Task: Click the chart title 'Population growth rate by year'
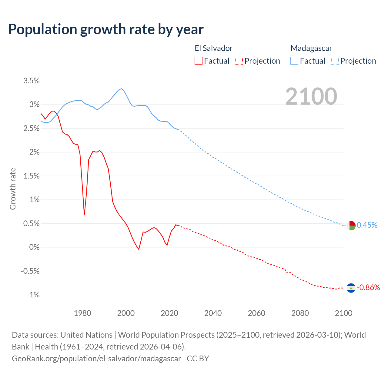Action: click(106, 29)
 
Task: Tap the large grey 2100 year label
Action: click(311, 96)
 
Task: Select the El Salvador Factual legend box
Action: click(198, 61)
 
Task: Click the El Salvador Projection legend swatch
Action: click(239, 61)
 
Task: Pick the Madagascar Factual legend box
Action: click(294, 61)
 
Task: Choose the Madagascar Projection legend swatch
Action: click(335, 61)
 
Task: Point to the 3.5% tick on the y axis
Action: click(32, 81)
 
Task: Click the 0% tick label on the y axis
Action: click(34, 247)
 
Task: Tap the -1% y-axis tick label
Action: click(33, 295)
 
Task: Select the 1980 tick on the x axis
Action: click(82, 313)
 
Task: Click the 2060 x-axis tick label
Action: click(256, 313)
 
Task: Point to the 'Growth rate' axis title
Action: click(13, 189)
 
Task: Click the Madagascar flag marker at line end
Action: click(351, 226)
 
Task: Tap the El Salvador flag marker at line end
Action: click(351, 288)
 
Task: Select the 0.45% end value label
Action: click(367, 225)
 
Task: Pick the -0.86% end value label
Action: click(368, 288)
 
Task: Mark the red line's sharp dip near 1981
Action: click(84, 215)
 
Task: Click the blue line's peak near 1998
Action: click(121, 89)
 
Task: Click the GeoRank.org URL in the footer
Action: click(96, 359)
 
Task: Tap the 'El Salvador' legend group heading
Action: click(213, 48)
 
